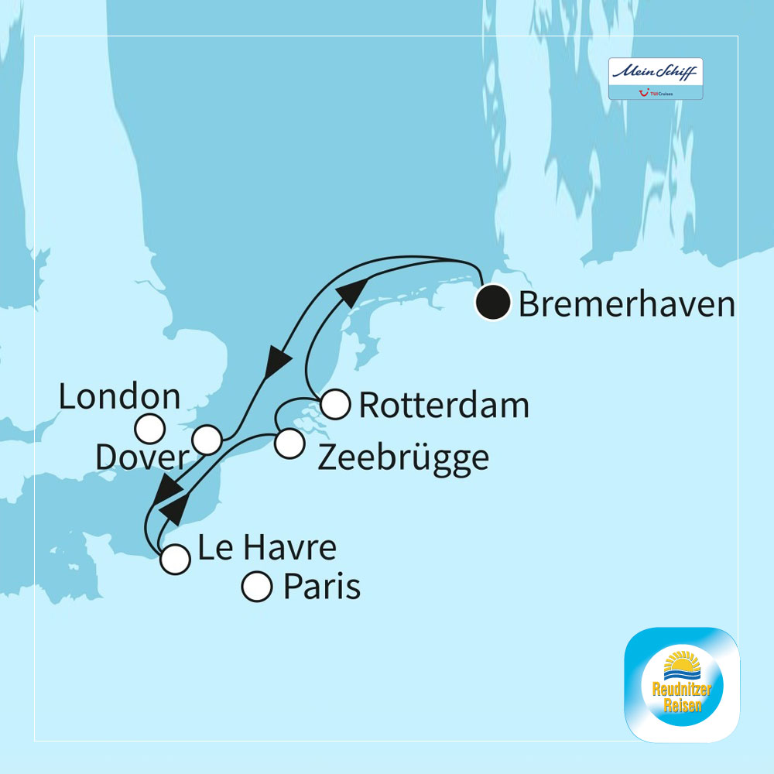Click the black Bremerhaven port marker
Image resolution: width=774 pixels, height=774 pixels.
[x=492, y=303]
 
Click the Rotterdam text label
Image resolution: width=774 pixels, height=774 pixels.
[x=444, y=406]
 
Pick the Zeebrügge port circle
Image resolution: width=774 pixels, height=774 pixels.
[x=289, y=444]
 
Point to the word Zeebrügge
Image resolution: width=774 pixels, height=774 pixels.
[x=403, y=457]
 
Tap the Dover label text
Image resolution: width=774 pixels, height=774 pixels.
[x=142, y=457]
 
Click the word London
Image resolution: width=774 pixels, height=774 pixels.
[x=120, y=398]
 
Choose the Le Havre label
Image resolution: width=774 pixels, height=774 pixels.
[x=267, y=549]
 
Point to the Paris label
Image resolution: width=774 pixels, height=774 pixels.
[x=322, y=587]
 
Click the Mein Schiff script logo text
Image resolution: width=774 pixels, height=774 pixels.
[x=655, y=71]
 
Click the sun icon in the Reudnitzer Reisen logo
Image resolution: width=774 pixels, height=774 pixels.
[x=681, y=663]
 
